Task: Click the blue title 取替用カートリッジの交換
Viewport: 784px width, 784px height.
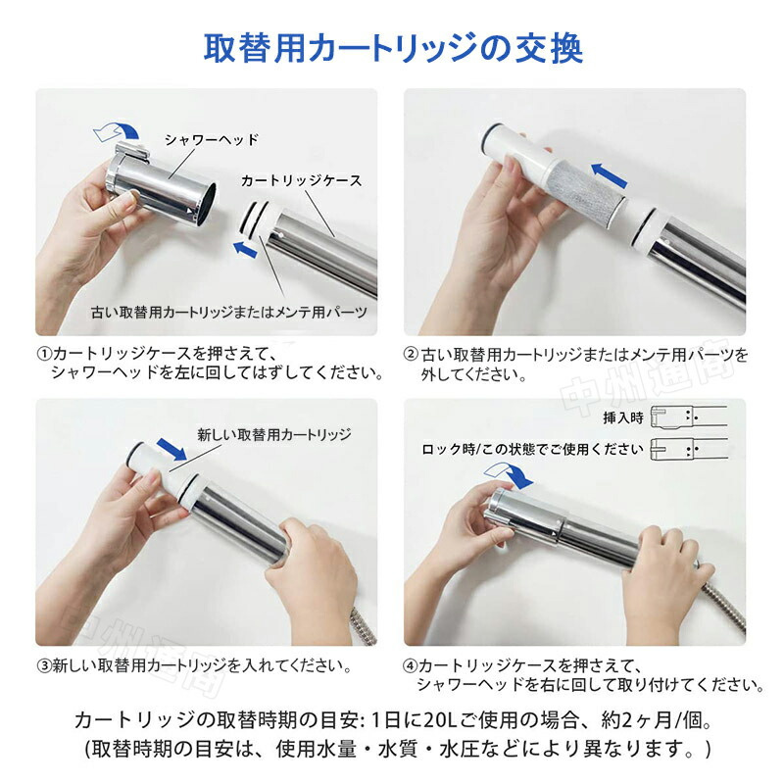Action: pos(393,48)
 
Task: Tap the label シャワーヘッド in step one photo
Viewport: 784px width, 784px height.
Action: pos(212,139)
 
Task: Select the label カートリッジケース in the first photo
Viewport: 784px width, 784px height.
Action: pos(301,180)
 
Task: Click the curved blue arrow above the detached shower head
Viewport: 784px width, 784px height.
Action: pos(117,131)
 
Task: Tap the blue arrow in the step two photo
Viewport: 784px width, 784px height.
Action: pos(609,175)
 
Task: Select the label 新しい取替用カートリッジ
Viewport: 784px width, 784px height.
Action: pos(274,434)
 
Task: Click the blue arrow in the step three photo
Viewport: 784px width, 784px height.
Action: pos(171,449)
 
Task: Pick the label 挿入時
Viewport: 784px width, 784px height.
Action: pos(623,417)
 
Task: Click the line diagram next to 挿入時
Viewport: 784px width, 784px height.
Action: pos(689,416)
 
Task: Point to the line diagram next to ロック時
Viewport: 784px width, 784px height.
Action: pos(689,449)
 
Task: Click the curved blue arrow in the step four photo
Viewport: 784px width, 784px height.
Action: pos(509,474)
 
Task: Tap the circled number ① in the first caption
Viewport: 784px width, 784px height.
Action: pos(44,354)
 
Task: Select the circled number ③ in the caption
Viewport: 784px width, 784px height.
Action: pos(44,665)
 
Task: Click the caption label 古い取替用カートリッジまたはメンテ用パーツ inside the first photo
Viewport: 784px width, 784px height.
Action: pos(229,313)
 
